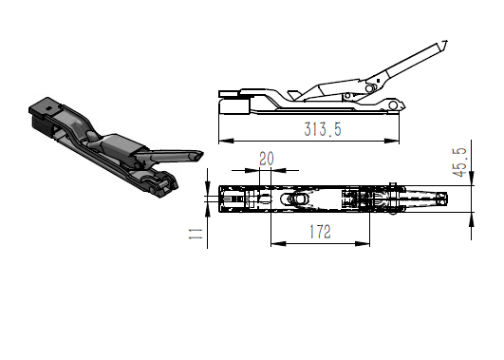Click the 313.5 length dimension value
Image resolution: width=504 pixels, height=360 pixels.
pyautogui.click(x=323, y=129)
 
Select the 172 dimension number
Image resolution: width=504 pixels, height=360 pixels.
pyautogui.click(x=320, y=232)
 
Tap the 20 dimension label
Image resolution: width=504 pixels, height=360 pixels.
pyautogui.click(x=267, y=159)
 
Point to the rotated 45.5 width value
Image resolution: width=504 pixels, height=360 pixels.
pyautogui.click(x=459, y=162)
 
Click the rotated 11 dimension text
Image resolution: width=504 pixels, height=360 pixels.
pyautogui.click(x=196, y=234)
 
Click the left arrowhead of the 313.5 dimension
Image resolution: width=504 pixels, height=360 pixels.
pyautogui.click(x=226, y=141)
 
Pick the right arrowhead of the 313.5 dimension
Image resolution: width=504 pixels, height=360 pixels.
pyautogui.click(x=391, y=141)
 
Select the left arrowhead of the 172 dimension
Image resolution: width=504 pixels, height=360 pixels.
pyautogui.click(x=278, y=244)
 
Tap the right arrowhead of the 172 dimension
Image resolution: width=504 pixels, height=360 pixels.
pyautogui.click(x=363, y=244)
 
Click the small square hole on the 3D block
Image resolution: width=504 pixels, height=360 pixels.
pyautogui.click(x=48, y=108)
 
